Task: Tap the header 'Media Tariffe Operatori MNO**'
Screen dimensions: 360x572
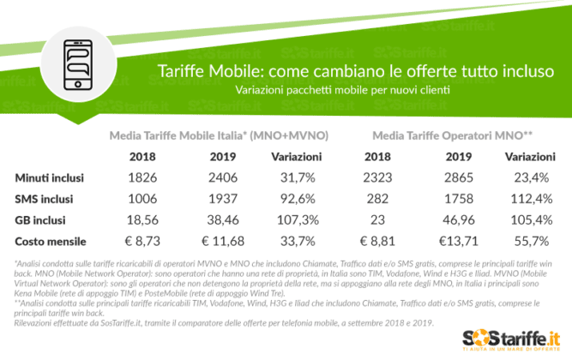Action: [454, 135]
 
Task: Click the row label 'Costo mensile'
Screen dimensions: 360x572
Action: [50, 242]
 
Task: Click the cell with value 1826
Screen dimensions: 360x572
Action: [142, 178]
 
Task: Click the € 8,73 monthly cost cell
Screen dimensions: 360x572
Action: [142, 242]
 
